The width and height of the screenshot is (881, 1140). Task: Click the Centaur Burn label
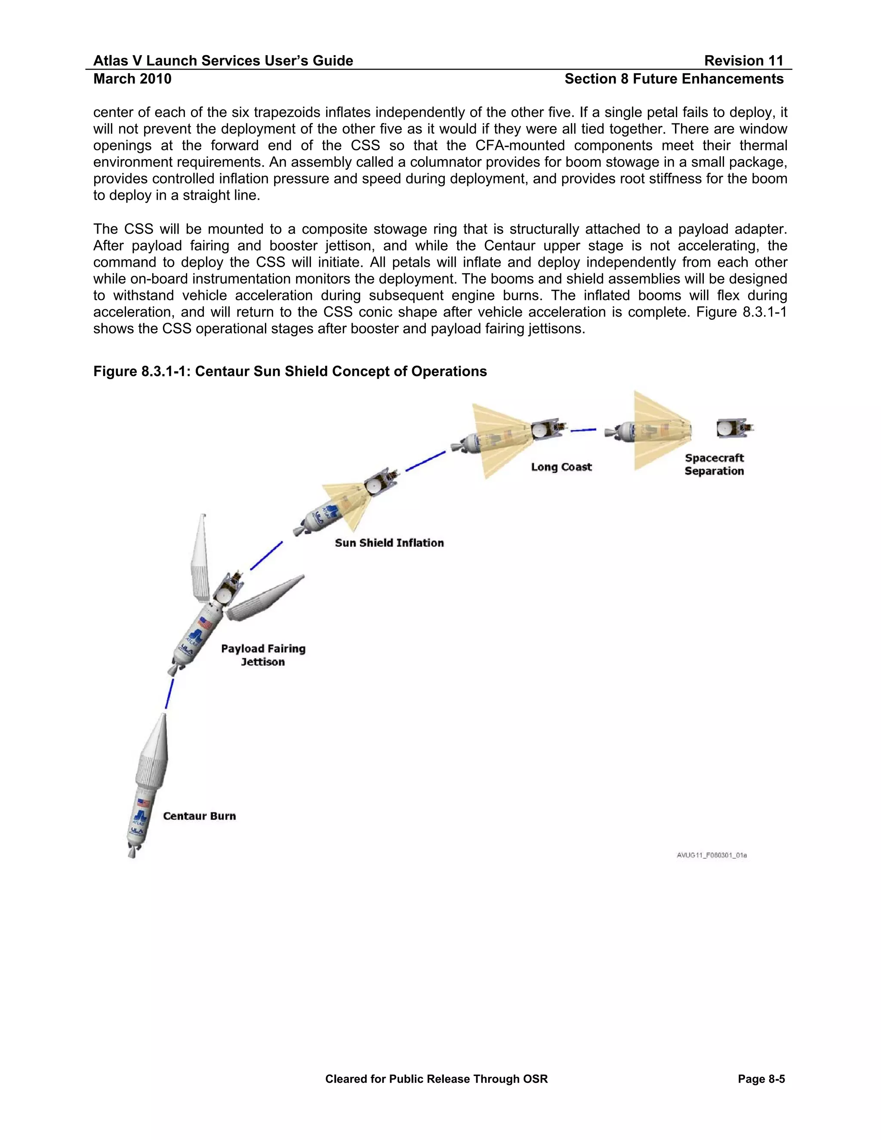[199, 816]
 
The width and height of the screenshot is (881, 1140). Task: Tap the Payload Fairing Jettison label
[263, 655]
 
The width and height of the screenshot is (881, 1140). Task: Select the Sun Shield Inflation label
[389, 543]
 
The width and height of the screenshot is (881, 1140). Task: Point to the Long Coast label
[561, 467]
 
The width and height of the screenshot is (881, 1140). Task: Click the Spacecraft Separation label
[714, 465]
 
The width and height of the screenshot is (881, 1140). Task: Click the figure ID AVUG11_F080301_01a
[712, 855]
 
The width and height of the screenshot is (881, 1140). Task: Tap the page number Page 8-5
[761, 1079]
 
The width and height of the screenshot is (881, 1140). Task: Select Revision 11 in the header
[743, 61]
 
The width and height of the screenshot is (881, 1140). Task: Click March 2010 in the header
[132, 79]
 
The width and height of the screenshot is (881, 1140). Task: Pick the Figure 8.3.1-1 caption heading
[290, 371]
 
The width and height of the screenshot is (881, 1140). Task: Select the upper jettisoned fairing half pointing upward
[201, 558]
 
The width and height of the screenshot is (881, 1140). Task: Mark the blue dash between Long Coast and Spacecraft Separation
[583, 430]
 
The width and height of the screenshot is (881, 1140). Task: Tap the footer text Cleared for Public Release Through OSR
[436, 1079]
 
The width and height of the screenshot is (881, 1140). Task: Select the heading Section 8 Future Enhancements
[673, 79]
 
